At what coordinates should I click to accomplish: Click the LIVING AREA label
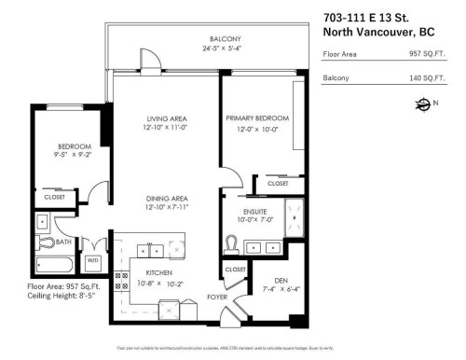pyautogui.click(x=168, y=118)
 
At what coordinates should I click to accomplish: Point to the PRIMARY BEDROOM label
pyautogui.click(x=257, y=118)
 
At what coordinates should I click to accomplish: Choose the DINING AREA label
pyautogui.click(x=168, y=198)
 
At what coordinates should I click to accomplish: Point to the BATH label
pyautogui.click(x=62, y=241)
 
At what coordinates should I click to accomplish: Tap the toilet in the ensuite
pyautogui.click(x=232, y=244)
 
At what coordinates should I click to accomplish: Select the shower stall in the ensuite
pyautogui.click(x=295, y=215)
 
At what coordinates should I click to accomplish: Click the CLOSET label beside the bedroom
pyautogui.click(x=54, y=198)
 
